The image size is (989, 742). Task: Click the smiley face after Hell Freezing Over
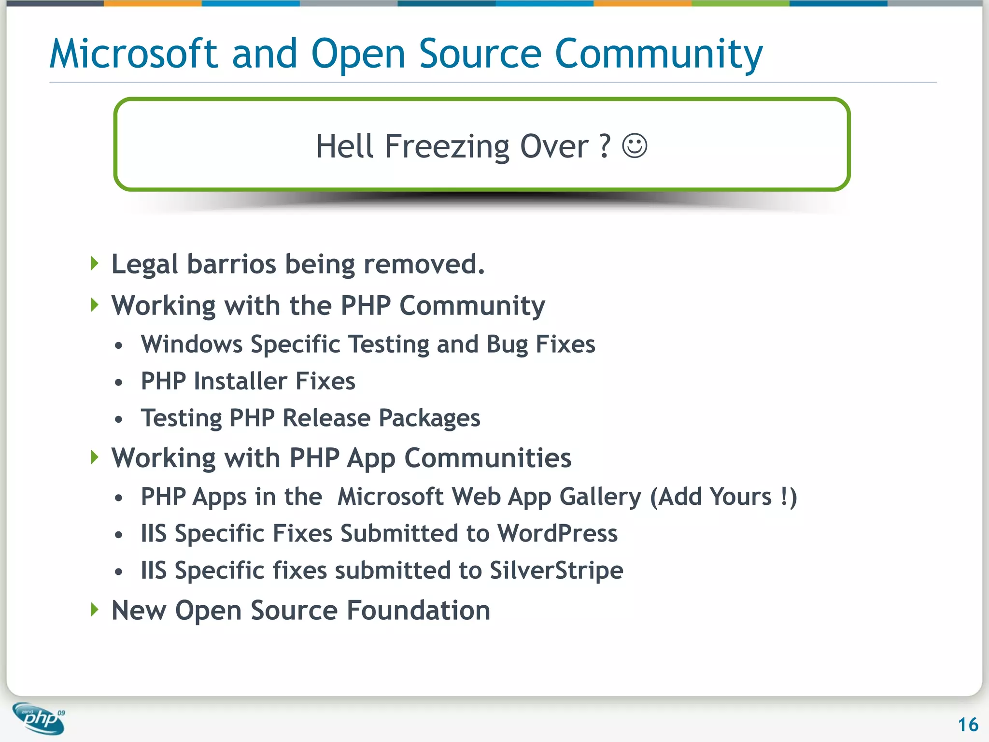(635, 145)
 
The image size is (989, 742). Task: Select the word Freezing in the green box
(447, 146)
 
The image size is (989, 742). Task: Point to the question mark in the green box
(605, 145)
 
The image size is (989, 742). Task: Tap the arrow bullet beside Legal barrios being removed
(95, 264)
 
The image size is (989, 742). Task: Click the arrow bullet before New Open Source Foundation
(95, 610)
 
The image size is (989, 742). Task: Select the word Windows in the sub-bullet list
(192, 344)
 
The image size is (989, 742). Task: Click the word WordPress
(557, 533)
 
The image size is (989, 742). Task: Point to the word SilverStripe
(556, 571)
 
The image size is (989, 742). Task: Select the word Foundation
(418, 610)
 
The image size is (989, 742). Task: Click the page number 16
(968, 725)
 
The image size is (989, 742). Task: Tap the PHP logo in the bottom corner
(39, 718)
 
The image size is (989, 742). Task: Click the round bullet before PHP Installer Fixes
(119, 383)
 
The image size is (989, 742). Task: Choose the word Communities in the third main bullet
(488, 457)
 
